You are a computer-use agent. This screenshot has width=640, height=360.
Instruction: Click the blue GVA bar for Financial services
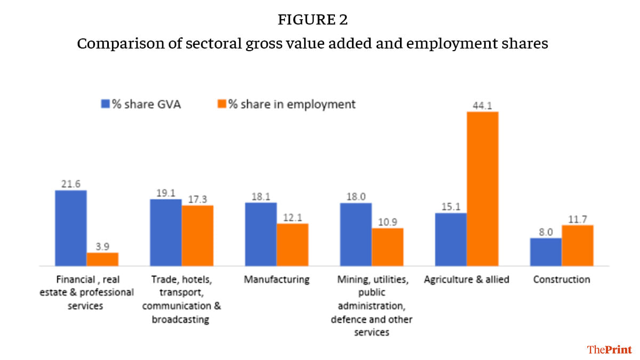coord(71,228)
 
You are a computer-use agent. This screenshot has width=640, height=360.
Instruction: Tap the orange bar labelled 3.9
coord(102,259)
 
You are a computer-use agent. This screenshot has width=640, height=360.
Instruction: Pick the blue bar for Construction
coord(546,252)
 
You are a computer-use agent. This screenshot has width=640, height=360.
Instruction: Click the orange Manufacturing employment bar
coord(292,244)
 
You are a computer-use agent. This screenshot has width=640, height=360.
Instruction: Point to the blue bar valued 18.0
coord(356,234)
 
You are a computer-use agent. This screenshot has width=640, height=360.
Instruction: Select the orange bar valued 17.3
coord(197,235)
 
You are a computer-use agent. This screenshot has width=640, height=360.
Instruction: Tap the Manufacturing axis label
coord(276,279)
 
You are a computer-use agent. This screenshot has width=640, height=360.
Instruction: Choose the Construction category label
coord(562,279)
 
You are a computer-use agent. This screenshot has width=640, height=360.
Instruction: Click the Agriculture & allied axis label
coord(467,279)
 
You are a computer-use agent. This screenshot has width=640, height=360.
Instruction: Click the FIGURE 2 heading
coord(313,20)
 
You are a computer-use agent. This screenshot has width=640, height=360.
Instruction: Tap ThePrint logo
coord(609,349)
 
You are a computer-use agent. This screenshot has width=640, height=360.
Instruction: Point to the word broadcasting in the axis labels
coord(181,319)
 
